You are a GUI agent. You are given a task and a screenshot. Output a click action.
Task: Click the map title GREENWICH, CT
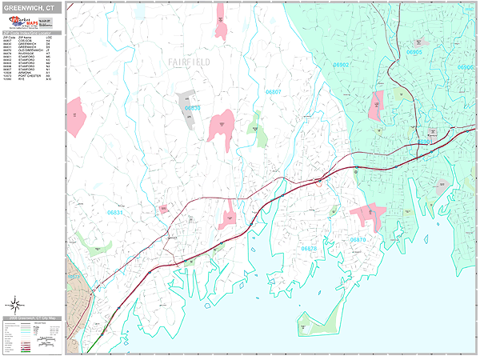(x=29, y=7)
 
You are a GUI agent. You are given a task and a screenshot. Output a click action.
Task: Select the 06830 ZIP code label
(x=194, y=107)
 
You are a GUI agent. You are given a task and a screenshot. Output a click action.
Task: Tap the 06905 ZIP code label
(x=414, y=52)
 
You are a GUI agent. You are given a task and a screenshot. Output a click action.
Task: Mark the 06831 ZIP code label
(x=115, y=213)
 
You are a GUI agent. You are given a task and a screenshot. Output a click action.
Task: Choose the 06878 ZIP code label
(x=308, y=249)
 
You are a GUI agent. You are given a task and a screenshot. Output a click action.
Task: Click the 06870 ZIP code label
(x=358, y=239)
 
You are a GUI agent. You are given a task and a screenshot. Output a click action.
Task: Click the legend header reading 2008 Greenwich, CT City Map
(x=32, y=318)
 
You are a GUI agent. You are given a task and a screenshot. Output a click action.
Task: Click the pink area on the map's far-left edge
(x=76, y=117)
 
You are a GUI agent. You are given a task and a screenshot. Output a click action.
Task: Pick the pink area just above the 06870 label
(x=367, y=214)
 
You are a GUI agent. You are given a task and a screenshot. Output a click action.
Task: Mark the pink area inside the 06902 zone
(x=375, y=105)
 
